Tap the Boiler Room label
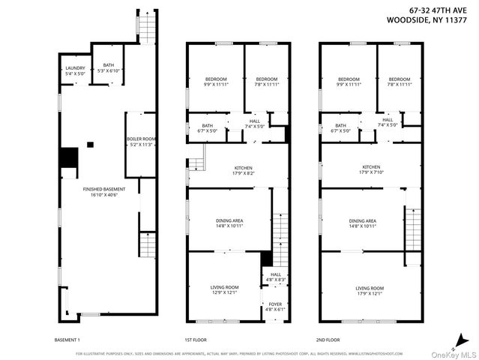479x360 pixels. point(139,142)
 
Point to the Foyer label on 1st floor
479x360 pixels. point(275,307)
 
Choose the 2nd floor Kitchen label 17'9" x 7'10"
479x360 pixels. point(372,170)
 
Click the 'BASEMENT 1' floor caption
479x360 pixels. point(67,339)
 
